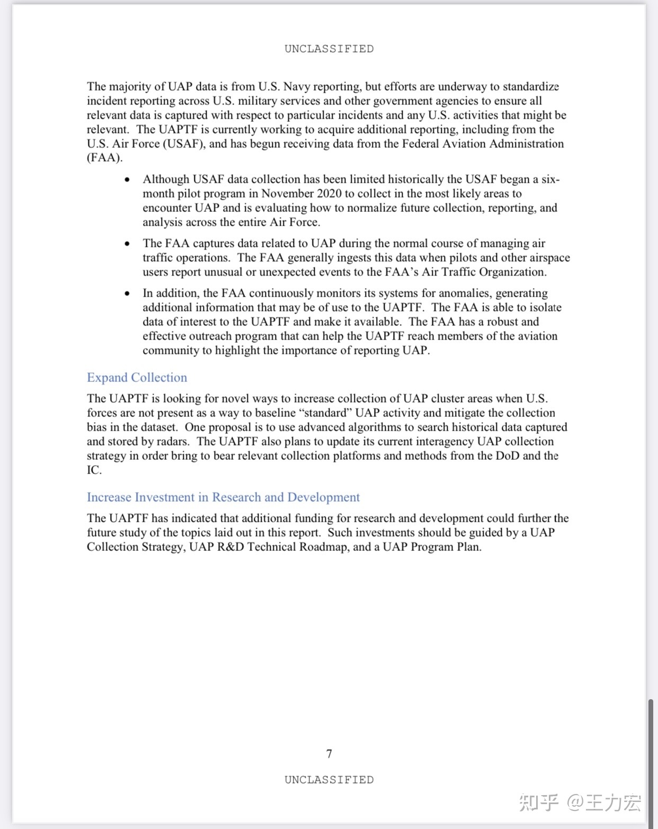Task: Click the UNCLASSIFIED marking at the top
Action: pos(329,49)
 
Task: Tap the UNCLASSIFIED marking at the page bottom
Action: pos(329,780)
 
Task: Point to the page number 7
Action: pos(329,754)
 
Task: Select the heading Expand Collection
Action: pos(137,378)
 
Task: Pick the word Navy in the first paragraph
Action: pos(296,87)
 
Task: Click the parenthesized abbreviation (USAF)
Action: pos(184,144)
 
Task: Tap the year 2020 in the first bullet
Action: pos(330,194)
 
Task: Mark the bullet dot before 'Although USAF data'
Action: pos(127,180)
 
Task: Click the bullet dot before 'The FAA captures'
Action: pos(127,244)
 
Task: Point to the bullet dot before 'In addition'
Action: pos(127,294)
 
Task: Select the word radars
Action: pos(172,442)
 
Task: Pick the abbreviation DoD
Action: pos(507,456)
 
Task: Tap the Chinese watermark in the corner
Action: pos(580,803)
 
